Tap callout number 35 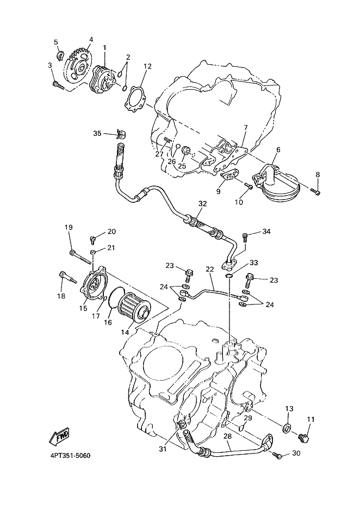coord(97,133)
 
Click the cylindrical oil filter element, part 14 coord(133,309)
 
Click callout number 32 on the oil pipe coord(202,204)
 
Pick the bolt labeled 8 coord(315,191)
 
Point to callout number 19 coord(69,227)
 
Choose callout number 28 coord(227,436)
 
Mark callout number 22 coord(210,269)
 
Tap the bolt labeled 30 coord(277,456)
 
